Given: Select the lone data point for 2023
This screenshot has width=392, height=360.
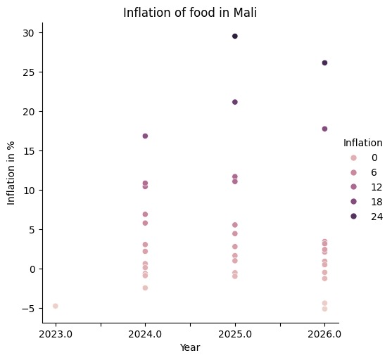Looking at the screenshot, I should click(x=55, y=306).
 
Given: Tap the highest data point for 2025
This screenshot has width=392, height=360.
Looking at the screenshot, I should click(x=235, y=36).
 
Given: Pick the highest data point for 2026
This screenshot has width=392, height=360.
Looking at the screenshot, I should click(x=324, y=63).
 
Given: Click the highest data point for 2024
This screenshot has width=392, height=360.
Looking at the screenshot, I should click(x=145, y=136).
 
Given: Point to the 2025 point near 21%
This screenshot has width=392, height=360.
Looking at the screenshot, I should click(x=235, y=102).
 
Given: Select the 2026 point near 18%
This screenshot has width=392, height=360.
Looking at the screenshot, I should click(x=324, y=129).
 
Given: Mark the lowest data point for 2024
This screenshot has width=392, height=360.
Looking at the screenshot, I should click(x=145, y=288).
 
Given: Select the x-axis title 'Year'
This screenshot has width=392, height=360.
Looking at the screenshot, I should click(x=190, y=347).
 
